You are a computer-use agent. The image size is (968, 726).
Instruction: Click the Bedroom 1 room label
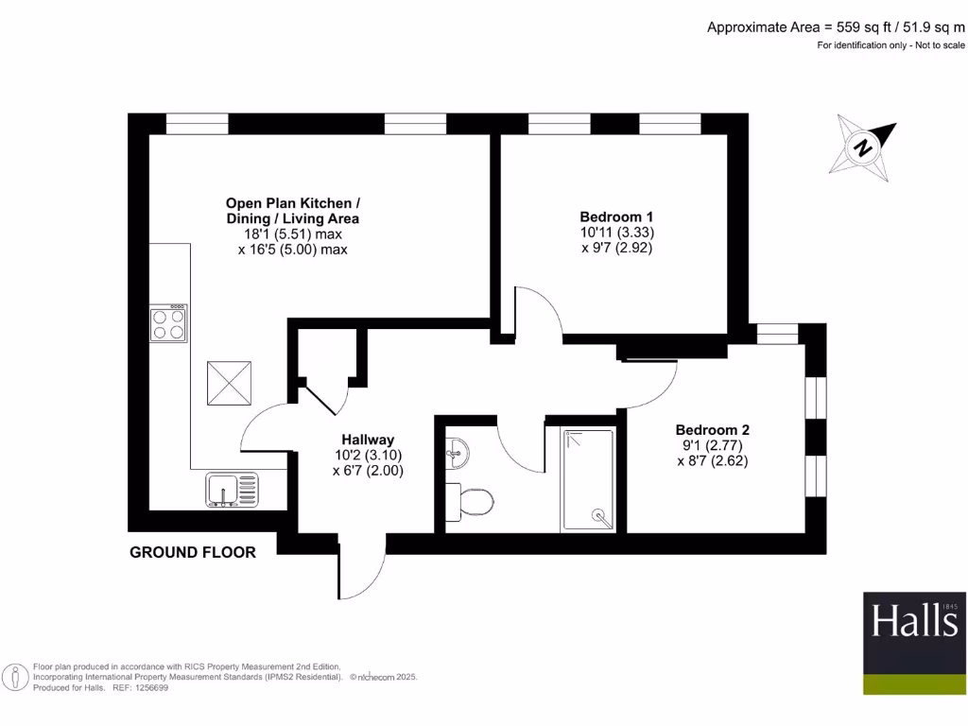[x=616, y=216]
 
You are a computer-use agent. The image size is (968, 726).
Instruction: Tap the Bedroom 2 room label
[x=712, y=429]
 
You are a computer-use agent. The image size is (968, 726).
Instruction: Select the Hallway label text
[x=368, y=439]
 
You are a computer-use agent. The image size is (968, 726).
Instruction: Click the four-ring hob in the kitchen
[x=168, y=323]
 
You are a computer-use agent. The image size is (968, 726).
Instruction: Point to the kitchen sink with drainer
[x=232, y=490]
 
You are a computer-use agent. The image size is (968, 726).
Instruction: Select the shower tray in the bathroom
[x=587, y=479]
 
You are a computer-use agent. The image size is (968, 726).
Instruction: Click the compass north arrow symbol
[x=862, y=147]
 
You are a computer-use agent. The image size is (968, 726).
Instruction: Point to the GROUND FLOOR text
[x=193, y=552]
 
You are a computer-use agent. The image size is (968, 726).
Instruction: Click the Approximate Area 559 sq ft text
[x=836, y=27]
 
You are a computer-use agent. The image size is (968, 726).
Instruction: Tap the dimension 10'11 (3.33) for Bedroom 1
[x=617, y=232]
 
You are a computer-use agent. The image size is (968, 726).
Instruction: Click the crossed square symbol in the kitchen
[x=229, y=384]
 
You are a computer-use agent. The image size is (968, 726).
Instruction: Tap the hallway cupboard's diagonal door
[x=321, y=396]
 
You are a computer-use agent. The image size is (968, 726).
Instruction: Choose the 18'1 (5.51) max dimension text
[x=292, y=233]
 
